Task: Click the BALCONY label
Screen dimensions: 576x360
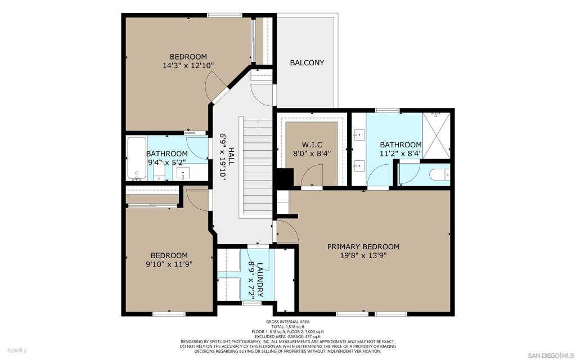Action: [307, 62]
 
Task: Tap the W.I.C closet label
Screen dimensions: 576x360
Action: [312, 145]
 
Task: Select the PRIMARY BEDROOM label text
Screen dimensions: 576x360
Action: [363, 246]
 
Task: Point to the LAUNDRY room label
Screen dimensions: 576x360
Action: [260, 280]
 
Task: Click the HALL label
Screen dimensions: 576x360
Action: [231, 156]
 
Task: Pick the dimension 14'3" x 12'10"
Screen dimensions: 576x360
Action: [188, 66]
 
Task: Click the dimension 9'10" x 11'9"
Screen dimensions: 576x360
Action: [169, 264]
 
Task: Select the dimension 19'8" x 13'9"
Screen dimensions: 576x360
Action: [363, 255]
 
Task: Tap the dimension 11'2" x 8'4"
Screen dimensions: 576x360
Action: [400, 154]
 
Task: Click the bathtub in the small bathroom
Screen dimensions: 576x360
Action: [137, 158]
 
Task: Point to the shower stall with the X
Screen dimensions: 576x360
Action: [436, 136]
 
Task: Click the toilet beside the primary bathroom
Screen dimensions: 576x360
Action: [439, 175]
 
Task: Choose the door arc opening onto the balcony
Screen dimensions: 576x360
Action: [262, 94]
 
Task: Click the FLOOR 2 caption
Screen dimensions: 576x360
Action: [17, 350]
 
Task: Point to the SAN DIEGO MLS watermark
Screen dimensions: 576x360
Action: [551, 355]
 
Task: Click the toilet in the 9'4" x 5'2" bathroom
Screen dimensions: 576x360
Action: [159, 173]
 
